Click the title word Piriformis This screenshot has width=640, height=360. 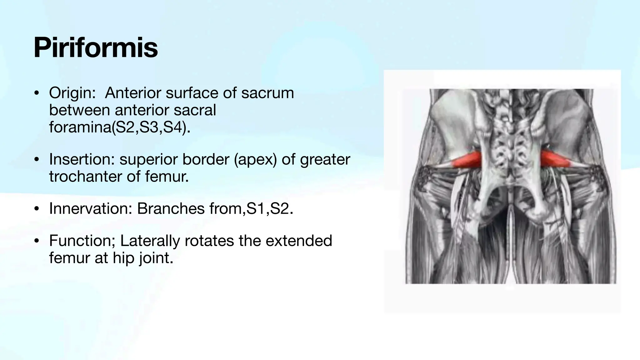[x=96, y=48]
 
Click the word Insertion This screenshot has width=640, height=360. [x=82, y=159]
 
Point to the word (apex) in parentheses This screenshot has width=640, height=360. [x=255, y=159]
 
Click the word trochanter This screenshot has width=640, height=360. [x=85, y=177]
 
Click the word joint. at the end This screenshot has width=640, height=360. [x=156, y=258]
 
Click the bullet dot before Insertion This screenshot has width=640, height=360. [x=37, y=160]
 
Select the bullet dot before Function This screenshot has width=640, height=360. [x=37, y=241]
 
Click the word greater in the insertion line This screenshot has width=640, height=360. [x=325, y=159]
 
